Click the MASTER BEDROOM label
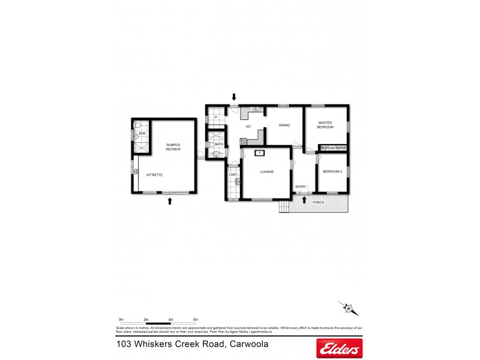(x=325, y=125)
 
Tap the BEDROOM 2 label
(x=332, y=172)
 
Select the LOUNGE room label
(x=267, y=172)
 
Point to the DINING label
(x=284, y=125)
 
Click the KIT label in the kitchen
(x=248, y=127)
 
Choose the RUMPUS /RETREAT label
(x=173, y=147)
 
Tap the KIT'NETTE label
(x=155, y=175)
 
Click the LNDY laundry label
(x=233, y=175)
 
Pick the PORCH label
(x=319, y=202)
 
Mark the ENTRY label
(x=301, y=187)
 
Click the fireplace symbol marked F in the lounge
(x=260, y=153)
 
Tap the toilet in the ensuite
(x=137, y=125)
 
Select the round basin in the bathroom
(x=216, y=154)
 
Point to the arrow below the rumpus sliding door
(x=170, y=202)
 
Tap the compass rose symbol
(x=348, y=308)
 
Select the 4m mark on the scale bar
(x=170, y=320)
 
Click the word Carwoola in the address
(x=247, y=344)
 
